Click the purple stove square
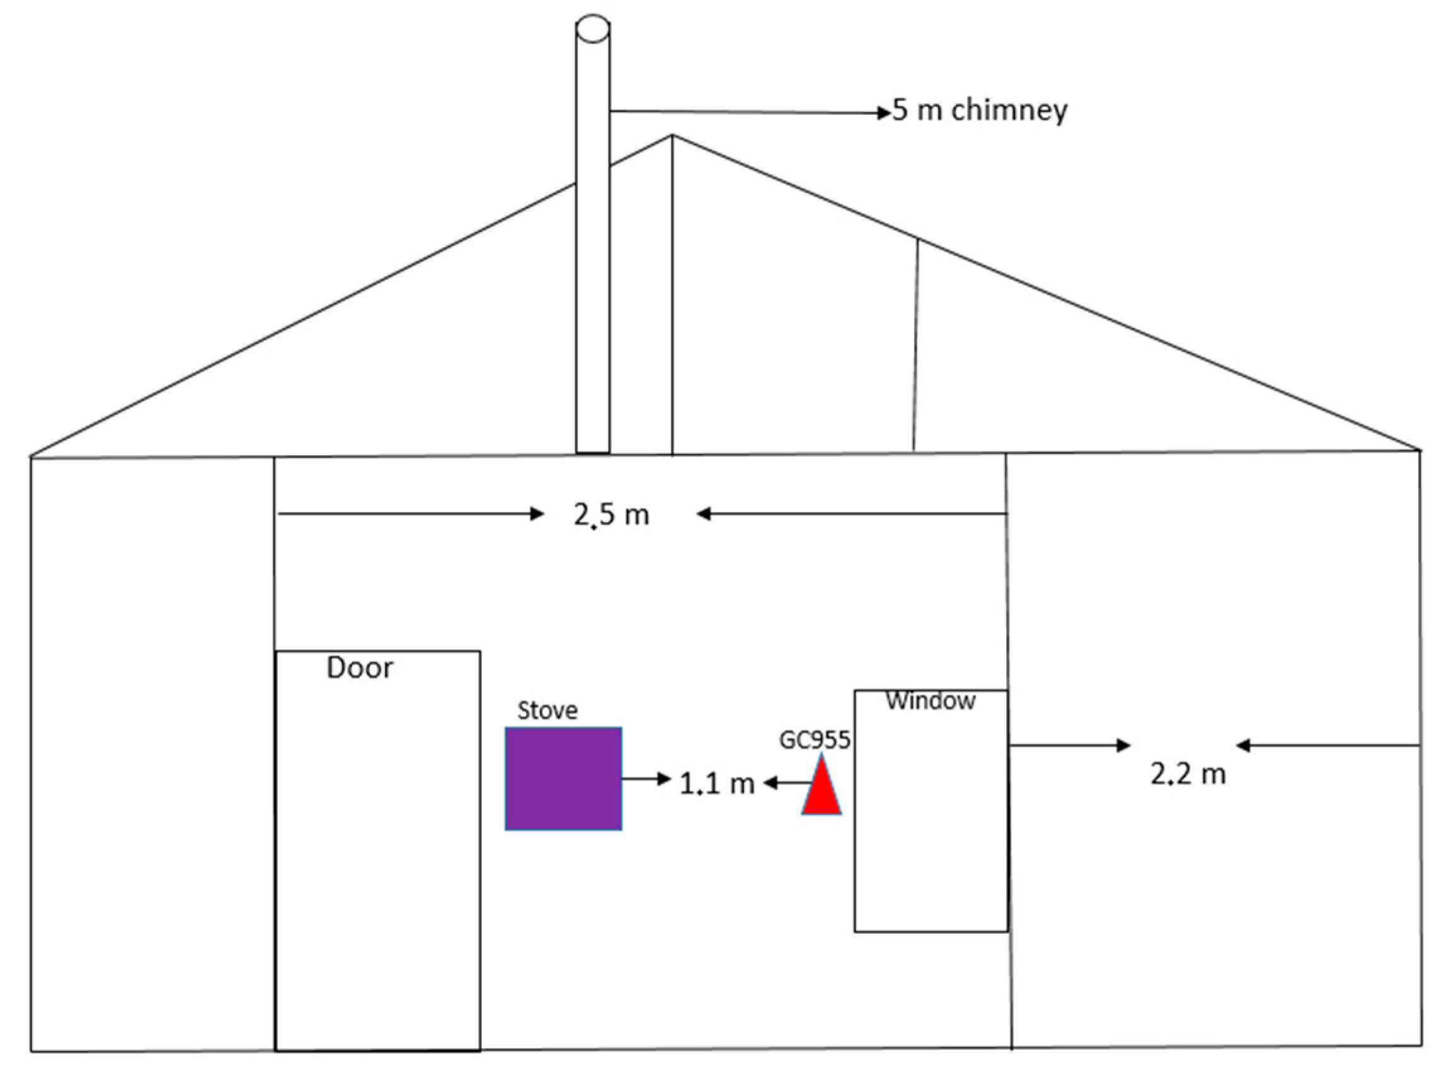click(x=563, y=779)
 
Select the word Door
click(x=360, y=668)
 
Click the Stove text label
click(x=547, y=711)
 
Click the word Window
click(x=931, y=701)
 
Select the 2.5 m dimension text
click(x=611, y=515)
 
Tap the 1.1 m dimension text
click(x=716, y=784)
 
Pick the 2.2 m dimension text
click(x=1188, y=774)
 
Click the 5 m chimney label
click(x=980, y=110)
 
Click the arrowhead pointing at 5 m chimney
click(x=884, y=113)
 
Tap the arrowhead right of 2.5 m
click(x=704, y=514)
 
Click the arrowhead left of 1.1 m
click(x=664, y=779)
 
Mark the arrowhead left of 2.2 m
click(x=1123, y=745)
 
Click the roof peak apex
click(x=672, y=135)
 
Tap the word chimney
click(x=1009, y=110)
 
